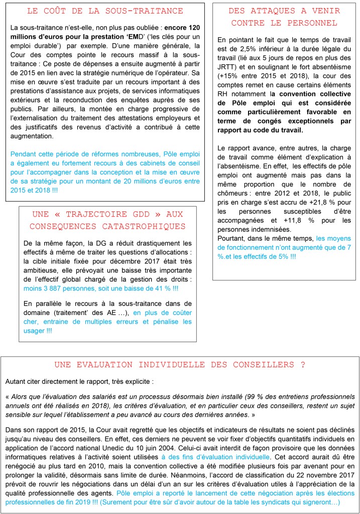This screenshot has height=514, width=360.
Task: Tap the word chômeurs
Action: (x=234, y=193)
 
